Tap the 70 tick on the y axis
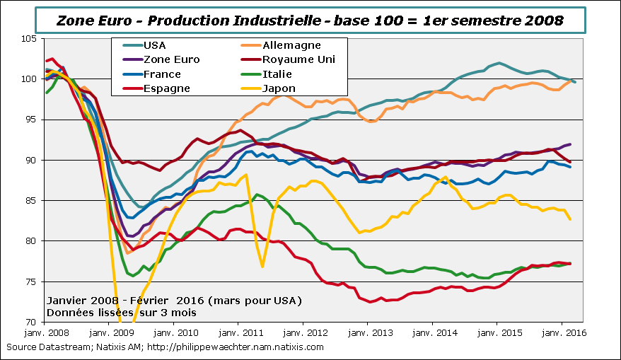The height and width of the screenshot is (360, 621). (x=30, y=323)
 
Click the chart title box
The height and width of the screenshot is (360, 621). (x=310, y=20)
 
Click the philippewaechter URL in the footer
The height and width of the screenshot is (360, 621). (x=244, y=347)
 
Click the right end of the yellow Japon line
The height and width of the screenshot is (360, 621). (x=570, y=219)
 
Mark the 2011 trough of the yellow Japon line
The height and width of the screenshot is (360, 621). (x=262, y=267)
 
